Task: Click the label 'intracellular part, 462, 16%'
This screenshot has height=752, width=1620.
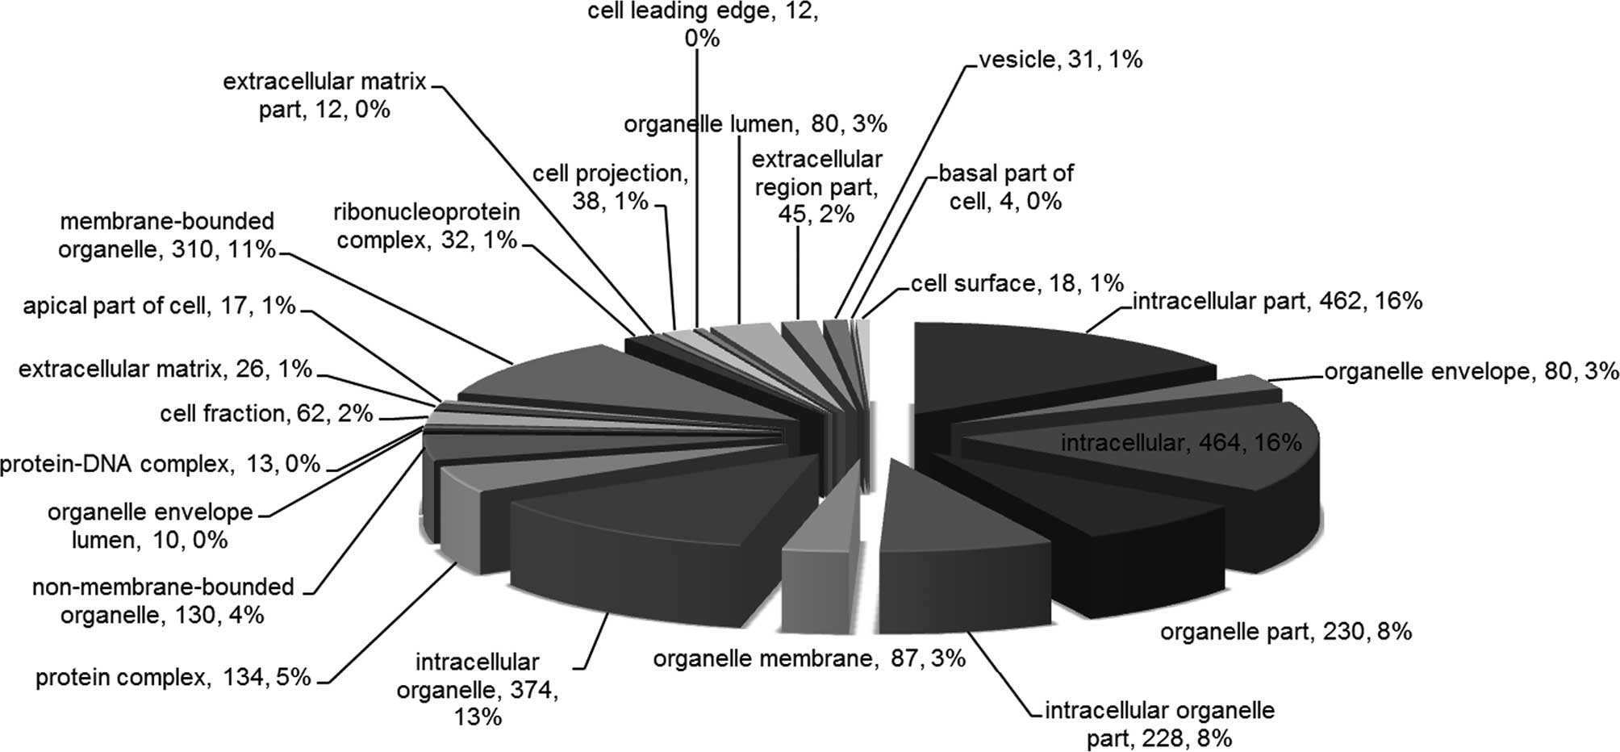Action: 1276,302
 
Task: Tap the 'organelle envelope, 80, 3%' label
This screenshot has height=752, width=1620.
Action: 1472,371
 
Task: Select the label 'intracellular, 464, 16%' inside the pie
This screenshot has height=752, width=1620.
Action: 1180,442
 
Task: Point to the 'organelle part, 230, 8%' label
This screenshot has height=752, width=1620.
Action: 1286,631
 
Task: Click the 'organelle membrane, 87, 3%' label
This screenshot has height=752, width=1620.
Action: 808,658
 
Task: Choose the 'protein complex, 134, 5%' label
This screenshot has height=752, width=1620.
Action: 173,677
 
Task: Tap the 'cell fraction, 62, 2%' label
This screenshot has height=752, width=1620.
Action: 266,414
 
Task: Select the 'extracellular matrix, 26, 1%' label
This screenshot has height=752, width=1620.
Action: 165,370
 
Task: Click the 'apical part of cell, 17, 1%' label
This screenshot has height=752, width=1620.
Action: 159,307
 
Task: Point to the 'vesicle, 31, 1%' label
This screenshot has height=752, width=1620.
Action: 1060,60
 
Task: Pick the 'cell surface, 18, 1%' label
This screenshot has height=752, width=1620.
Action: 1017,283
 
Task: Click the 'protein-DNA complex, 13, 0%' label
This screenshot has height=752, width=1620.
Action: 160,464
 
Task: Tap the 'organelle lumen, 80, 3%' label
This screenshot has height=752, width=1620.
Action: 755,124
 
